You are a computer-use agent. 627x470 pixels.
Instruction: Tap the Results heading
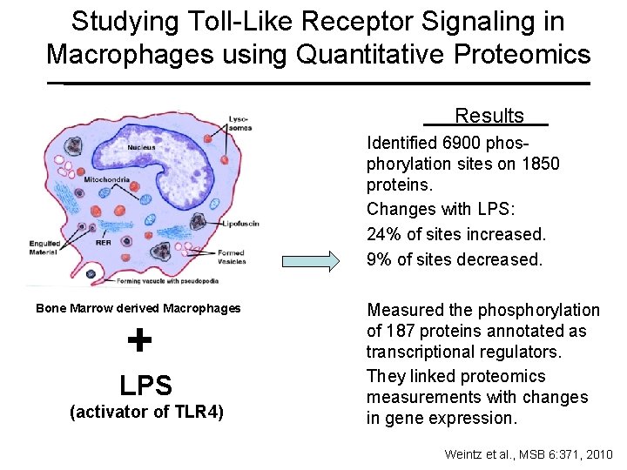coord(489,117)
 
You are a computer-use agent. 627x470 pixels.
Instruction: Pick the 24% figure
coord(382,234)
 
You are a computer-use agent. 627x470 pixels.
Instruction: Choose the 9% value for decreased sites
coord(378,258)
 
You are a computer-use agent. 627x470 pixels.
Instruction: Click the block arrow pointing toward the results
coord(310,260)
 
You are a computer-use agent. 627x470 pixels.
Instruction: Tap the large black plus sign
coord(139,340)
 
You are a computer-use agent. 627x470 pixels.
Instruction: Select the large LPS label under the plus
coord(145,385)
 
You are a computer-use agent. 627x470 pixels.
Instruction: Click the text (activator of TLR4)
coord(146,413)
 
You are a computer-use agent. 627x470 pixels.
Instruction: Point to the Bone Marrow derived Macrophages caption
coord(138,308)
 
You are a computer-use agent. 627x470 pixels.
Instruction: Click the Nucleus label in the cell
coord(141,148)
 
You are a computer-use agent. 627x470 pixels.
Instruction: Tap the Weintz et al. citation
coord(528,454)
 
